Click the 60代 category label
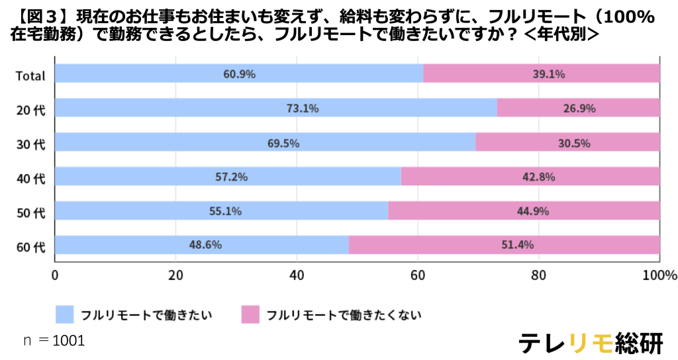point(30,247)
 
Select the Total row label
point(30,75)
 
